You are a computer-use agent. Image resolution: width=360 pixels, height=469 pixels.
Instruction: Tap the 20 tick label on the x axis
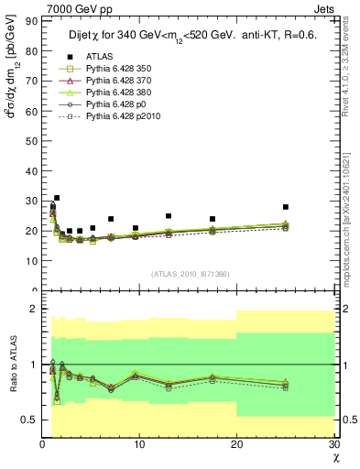pos(236,445)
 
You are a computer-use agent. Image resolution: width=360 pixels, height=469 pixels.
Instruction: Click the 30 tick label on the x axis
pos(333,445)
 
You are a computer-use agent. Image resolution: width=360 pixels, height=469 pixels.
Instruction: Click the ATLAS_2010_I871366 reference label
pos(191,274)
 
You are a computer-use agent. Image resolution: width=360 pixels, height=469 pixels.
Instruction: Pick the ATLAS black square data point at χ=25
pos(286,207)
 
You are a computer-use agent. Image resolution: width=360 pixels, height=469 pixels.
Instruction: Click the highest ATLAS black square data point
pos(57,198)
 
